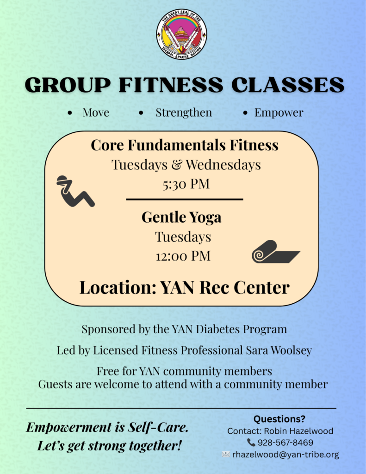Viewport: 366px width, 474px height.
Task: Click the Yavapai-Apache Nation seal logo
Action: point(182,34)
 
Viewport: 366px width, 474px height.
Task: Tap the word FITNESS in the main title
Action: point(171,85)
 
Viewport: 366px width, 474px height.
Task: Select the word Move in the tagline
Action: point(96,112)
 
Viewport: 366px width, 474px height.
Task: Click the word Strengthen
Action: point(184,112)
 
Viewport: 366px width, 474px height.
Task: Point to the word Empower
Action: point(279,113)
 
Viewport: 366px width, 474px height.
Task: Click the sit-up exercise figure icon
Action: point(75,191)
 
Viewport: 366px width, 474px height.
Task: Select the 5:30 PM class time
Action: point(186,184)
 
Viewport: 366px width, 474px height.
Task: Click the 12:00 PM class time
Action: point(183,256)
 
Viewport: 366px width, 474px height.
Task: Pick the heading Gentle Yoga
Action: point(181,218)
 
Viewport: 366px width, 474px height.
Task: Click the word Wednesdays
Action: point(223,165)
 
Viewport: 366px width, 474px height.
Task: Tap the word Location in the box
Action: point(118,287)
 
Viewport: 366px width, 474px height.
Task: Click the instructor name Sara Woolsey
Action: point(279,350)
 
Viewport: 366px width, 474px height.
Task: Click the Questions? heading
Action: point(279,419)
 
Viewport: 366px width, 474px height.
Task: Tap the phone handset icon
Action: point(251,443)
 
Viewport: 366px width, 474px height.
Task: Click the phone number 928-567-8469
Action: point(285,443)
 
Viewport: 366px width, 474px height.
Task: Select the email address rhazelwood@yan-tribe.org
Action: point(285,455)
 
